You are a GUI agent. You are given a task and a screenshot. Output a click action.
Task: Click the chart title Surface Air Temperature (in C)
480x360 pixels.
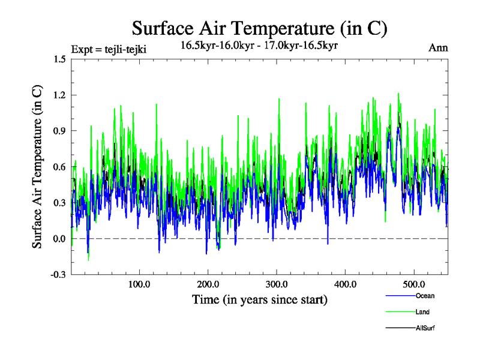pos(259,28)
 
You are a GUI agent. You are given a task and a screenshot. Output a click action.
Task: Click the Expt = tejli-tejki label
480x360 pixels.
pos(109,49)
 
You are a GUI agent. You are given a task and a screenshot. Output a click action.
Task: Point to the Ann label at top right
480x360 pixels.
pos(438,48)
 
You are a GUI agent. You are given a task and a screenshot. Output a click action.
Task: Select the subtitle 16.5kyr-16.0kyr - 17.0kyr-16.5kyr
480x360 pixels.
pos(259,45)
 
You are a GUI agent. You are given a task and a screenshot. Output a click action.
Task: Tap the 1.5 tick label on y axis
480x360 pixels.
pos(59,59)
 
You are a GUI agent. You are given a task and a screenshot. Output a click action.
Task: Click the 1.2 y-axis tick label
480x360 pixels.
pos(59,95)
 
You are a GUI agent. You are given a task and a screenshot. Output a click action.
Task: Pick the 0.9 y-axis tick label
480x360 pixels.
pos(59,131)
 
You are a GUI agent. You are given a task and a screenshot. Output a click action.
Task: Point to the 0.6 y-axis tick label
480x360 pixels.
pos(59,167)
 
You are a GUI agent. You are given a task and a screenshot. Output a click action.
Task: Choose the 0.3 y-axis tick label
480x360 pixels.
pos(59,203)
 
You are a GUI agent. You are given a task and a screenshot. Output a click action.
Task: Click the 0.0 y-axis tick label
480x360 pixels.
pos(59,239)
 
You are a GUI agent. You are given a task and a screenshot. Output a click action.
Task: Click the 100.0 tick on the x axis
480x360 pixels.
pos(139,284)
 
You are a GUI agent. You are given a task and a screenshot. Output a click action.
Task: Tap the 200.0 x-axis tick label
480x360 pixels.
pos(208,284)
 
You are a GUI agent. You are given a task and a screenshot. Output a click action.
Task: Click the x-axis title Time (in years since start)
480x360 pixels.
pos(259,299)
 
